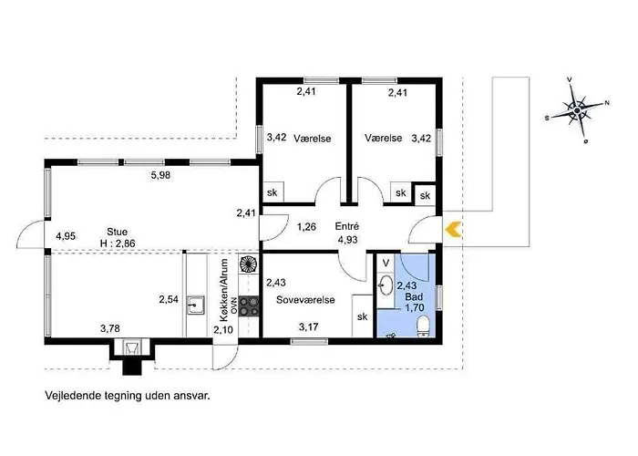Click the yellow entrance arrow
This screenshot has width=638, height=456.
pyautogui.click(x=453, y=229)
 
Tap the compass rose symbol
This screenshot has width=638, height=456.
pyautogui.click(x=577, y=110)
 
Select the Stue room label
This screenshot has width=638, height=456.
pyautogui.click(x=118, y=232)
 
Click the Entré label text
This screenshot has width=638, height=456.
pyautogui.click(x=347, y=226)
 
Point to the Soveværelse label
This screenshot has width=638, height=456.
pyautogui.click(x=305, y=300)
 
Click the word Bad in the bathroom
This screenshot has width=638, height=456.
pyautogui.click(x=414, y=296)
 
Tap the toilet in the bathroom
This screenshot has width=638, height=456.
pyautogui.click(x=424, y=328)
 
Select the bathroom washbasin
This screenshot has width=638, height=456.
pyautogui.click(x=385, y=285)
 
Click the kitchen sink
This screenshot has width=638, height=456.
pyautogui.click(x=196, y=305)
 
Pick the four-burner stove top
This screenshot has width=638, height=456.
pyautogui.click(x=249, y=306)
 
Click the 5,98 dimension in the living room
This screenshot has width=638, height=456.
pyautogui.click(x=160, y=175)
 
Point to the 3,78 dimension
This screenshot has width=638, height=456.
pyautogui.click(x=110, y=327)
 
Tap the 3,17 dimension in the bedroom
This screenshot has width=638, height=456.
pyautogui.click(x=308, y=326)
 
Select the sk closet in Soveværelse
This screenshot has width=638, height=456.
pyautogui.click(x=363, y=316)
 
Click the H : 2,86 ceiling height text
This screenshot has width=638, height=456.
pyautogui.click(x=118, y=244)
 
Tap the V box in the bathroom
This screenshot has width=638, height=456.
pyautogui.click(x=386, y=263)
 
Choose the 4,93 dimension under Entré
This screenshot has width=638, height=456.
pyautogui.click(x=348, y=239)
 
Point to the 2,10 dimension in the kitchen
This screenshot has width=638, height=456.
pyautogui.click(x=223, y=329)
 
